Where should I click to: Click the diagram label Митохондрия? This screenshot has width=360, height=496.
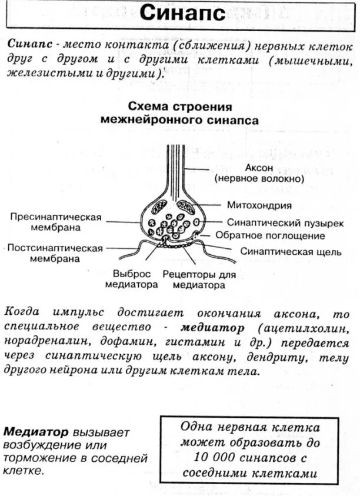(259, 206)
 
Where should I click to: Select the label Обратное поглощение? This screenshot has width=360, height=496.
(270, 236)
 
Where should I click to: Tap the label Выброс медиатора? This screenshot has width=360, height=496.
(131, 279)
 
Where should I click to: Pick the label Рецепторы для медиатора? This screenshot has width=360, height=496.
(198, 279)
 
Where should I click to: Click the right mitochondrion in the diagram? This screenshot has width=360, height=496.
(186, 207)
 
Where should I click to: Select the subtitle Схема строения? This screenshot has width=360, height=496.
(179, 107)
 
